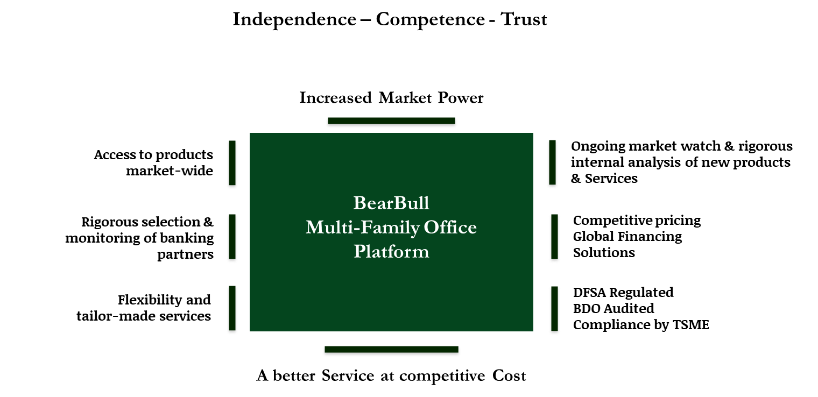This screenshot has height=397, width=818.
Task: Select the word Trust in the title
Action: pos(523,20)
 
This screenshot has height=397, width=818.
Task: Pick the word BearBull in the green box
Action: pos(391,203)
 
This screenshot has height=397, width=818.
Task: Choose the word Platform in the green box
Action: pos(391,252)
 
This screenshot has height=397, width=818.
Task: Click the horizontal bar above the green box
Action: pos(391,123)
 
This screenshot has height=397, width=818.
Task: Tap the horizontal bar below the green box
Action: pos(391,351)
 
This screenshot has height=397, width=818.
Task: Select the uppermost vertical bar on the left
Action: pos(232,165)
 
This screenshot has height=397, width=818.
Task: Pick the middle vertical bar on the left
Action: pos(232,238)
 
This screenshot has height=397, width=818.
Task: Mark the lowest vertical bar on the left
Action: pos(232,310)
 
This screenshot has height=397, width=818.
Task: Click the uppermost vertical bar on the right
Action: pos(552,165)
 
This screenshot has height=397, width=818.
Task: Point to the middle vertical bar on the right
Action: pos(554,238)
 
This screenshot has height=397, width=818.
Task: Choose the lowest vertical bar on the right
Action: pos(554,310)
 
